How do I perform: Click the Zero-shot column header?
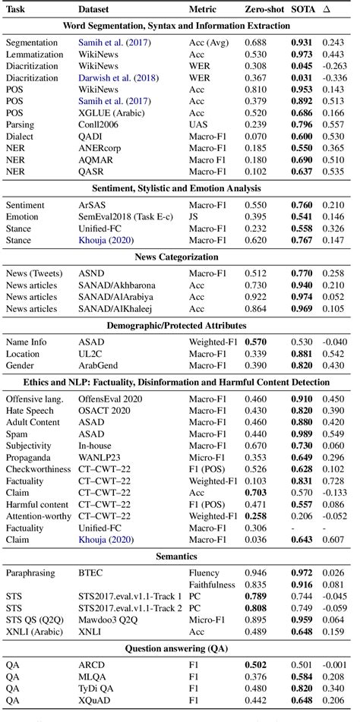pos(264,10)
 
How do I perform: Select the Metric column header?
pos(204,10)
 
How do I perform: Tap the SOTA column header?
pos(305,10)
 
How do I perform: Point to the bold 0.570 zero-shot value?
pos(257,342)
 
